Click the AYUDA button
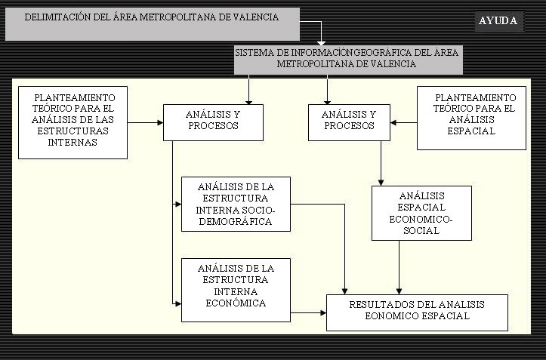499,21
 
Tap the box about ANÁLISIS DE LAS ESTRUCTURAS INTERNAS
72,122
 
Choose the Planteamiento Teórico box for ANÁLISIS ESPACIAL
471,118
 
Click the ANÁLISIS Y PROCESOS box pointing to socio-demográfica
213,122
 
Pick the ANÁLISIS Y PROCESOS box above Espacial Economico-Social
349,122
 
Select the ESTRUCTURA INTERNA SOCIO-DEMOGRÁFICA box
236,204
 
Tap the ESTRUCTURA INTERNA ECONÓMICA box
236,290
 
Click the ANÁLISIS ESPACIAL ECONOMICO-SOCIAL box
421,213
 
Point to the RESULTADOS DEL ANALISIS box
417,312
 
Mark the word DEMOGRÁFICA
236,222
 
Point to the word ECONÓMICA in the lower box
236,303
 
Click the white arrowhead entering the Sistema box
321,43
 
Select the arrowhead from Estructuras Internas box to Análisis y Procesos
160,122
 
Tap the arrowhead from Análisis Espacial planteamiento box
393,122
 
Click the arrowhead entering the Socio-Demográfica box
178,204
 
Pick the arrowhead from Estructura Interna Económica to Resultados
323,312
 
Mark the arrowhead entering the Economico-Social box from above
381,183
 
